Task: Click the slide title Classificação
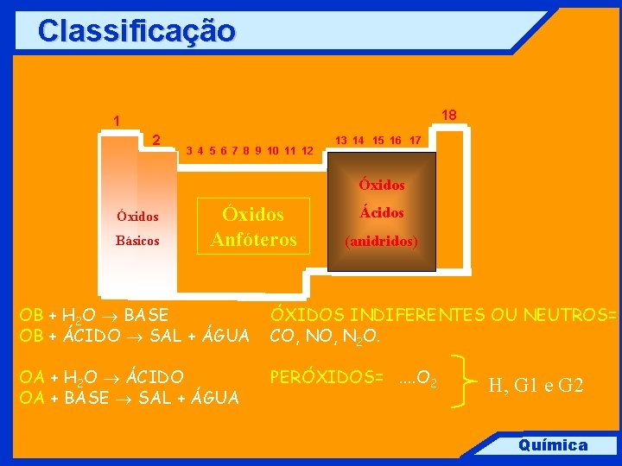click(136, 31)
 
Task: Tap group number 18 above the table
click(449, 115)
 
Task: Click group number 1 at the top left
click(117, 121)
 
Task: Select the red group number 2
click(156, 140)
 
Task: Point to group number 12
click(307, 150)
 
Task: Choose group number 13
click(342, 140)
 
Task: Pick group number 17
click(415, 140)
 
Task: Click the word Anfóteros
click(254, 239)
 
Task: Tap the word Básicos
click(138, 241)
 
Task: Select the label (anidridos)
click(382, 242)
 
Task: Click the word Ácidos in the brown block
click(382, 212)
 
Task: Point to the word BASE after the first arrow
click(146, 315)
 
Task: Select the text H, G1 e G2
click(536, 386)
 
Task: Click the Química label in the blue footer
click(552, 445)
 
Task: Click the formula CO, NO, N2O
click(325, 335)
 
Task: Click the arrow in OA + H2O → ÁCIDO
click(112, 378)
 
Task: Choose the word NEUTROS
click(570, 315)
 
